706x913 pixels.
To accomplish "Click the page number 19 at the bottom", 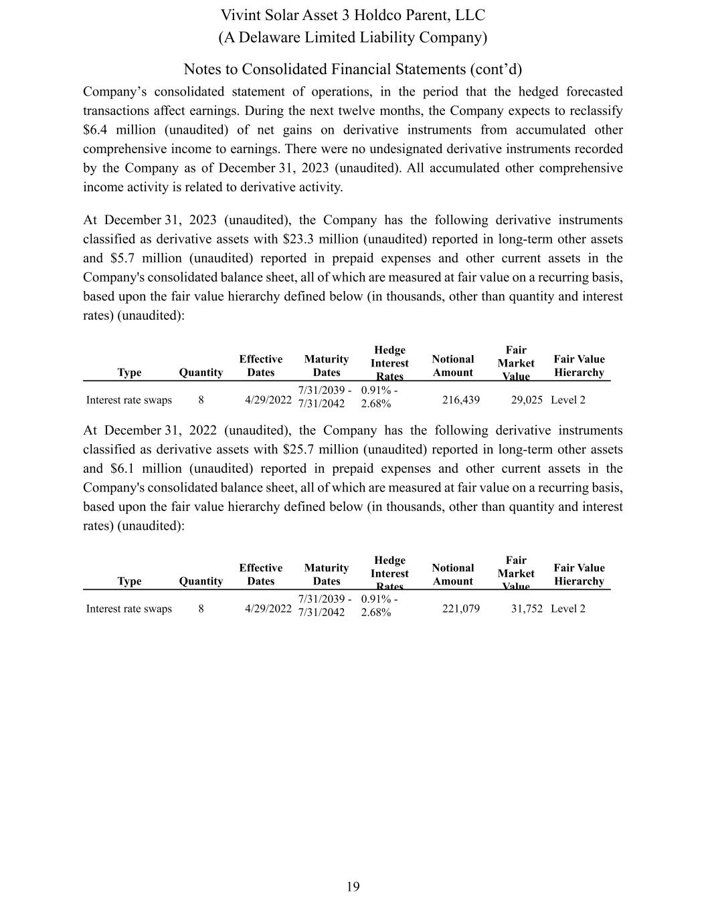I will (x=353, y=887).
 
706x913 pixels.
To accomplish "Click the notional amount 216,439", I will (x=460, y=400).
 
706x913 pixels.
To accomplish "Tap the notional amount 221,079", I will (x=460, y=609).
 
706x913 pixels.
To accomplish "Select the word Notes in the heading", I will (x=201, y=70).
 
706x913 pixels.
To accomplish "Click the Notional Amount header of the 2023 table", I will (x=453, y=366).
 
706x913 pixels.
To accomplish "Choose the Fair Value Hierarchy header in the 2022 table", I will (x=579, y=575).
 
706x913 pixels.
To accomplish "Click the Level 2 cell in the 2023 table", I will (x=567, y=400).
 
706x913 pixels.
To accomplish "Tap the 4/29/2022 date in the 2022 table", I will (x=268, y=609).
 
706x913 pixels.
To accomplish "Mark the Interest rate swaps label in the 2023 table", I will (x=129, y=400).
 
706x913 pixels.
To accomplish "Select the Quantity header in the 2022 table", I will (x=201, y=581).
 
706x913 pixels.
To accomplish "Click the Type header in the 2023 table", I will (x=129, y=373).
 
